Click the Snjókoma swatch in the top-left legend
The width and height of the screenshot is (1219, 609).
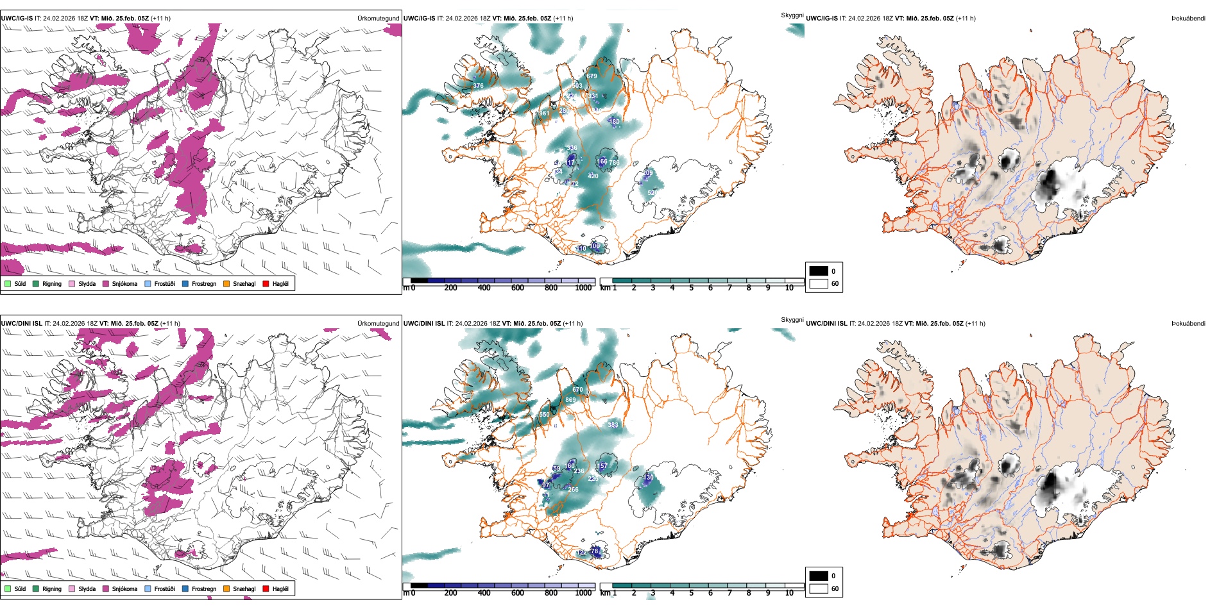[106, 283]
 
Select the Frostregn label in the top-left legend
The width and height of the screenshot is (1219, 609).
[203, 283]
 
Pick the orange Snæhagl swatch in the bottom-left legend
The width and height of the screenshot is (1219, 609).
[226, 588]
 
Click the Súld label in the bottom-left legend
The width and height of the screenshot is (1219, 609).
[20, 588]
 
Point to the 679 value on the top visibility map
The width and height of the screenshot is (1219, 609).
[592, 76]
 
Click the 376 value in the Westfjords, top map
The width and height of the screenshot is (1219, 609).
[478, 85]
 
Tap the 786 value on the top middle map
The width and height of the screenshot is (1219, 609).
[614, 163]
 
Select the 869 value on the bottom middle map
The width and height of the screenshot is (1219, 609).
[570, 400]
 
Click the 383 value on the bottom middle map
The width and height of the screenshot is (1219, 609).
[613, 425]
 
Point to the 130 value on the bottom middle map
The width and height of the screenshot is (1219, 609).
[648, 478]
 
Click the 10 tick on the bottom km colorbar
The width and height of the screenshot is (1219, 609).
[789, 593]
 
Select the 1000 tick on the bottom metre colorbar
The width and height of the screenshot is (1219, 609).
[583, 593]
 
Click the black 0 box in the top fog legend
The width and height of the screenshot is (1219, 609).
[819, 271]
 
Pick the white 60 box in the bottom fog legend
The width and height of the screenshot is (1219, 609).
[819, 588]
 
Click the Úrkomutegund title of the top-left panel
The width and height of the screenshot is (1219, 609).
[378, 19]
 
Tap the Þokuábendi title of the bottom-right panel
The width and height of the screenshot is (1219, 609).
[1188, 324]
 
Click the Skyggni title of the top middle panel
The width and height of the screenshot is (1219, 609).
[792, 15]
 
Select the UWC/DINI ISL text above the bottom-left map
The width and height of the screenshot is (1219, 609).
[21, 324]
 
